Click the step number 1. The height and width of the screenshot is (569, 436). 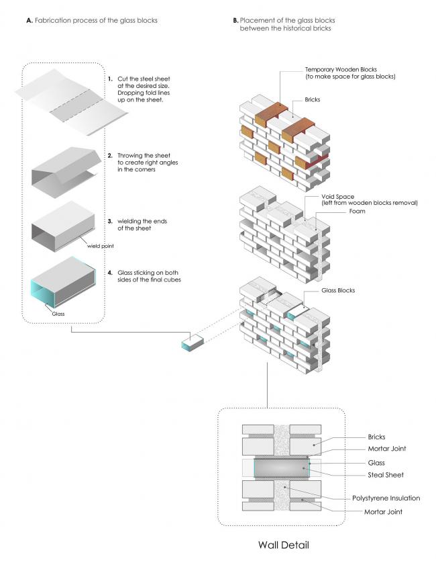pos(109,79)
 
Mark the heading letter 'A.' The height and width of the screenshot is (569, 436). pos(30,21)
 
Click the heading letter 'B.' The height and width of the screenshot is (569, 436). pos(235,21)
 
